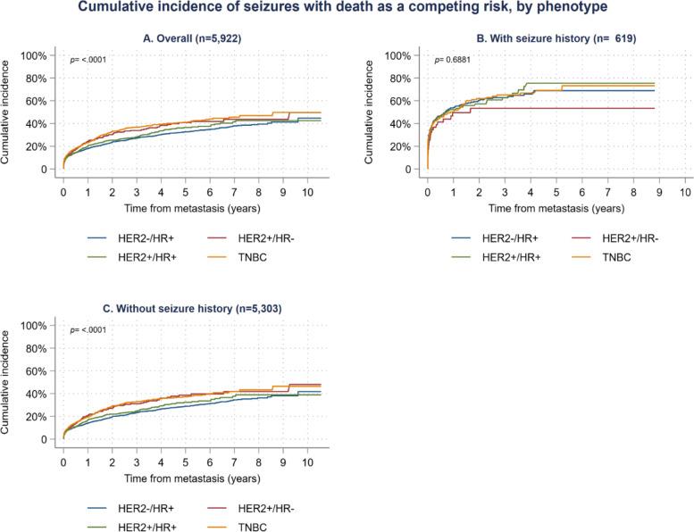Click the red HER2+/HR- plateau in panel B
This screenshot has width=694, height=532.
click(581, 108)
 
